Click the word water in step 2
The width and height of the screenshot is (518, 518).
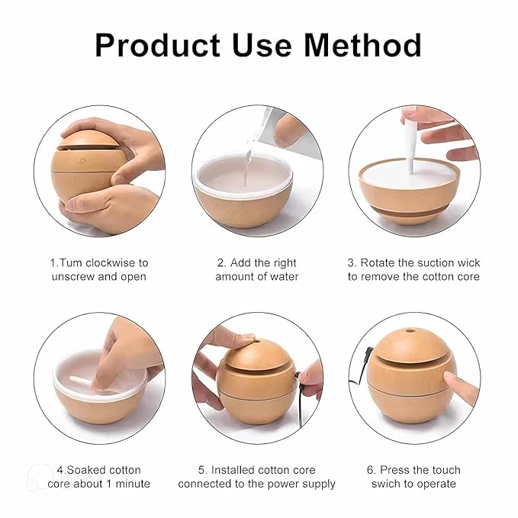tap(282, 276)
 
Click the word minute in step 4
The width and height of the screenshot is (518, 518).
tap(130, 484)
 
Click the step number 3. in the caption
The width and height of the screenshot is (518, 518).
tap(353, 262)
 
